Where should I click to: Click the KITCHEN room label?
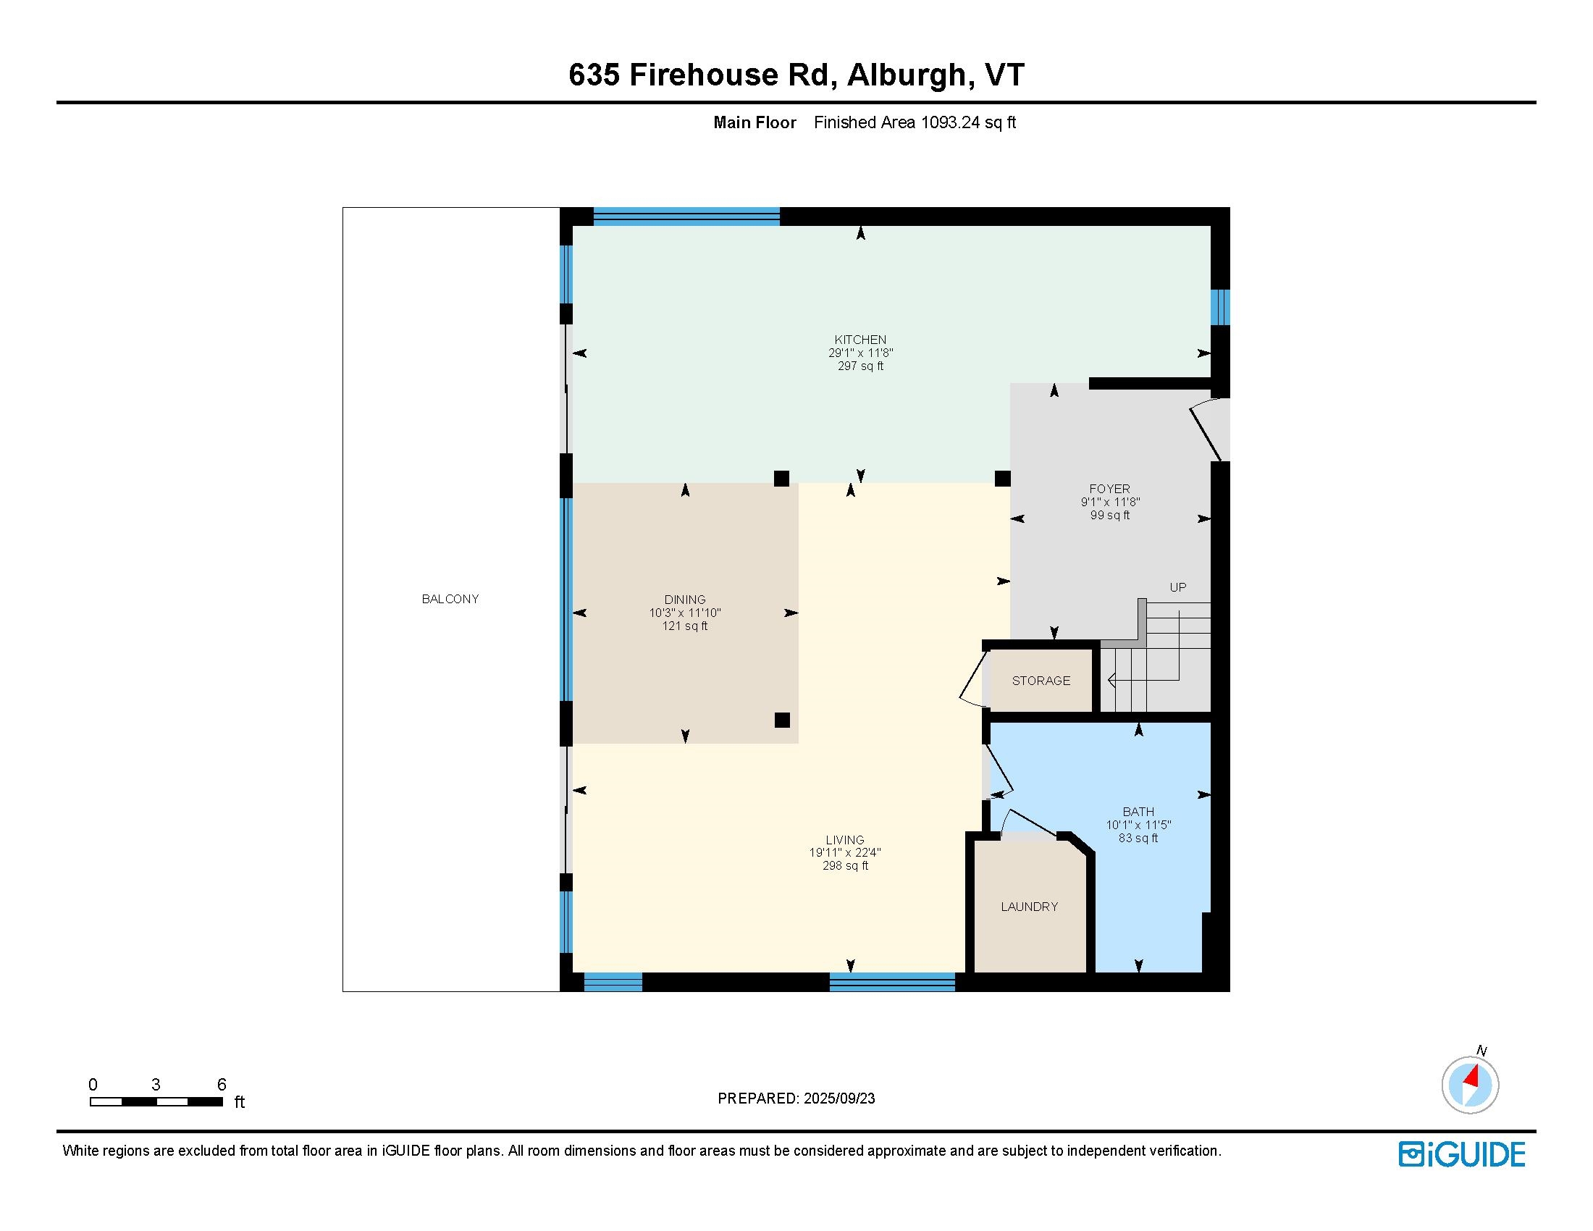click(x=861, y=340)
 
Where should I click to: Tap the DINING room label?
click(x=685, y=600)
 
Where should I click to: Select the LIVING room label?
click(x=844, y=840)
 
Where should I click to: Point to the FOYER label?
click(x=1109, y=490)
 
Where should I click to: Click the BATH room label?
click(x=1138, y=812)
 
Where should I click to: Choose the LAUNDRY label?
click(x=1029, y=907)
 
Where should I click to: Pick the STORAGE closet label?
click(x=1041, y=681)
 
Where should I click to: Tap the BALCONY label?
click(x=450, y=599)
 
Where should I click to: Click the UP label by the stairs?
click(x=1178, y=587)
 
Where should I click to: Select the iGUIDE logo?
click(x=1462, y=1154)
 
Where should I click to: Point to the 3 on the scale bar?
click(x=156, y=1085)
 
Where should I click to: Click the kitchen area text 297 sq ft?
click(x=861, y=366)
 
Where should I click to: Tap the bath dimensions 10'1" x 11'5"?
click(x=1138, y=825)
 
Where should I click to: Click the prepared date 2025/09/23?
click(x=838, y=1098)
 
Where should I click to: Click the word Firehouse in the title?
click(x=704, y=75)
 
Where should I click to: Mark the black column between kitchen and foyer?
click(x=1003, y=479)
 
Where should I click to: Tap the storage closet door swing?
click(x=972, y=679)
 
